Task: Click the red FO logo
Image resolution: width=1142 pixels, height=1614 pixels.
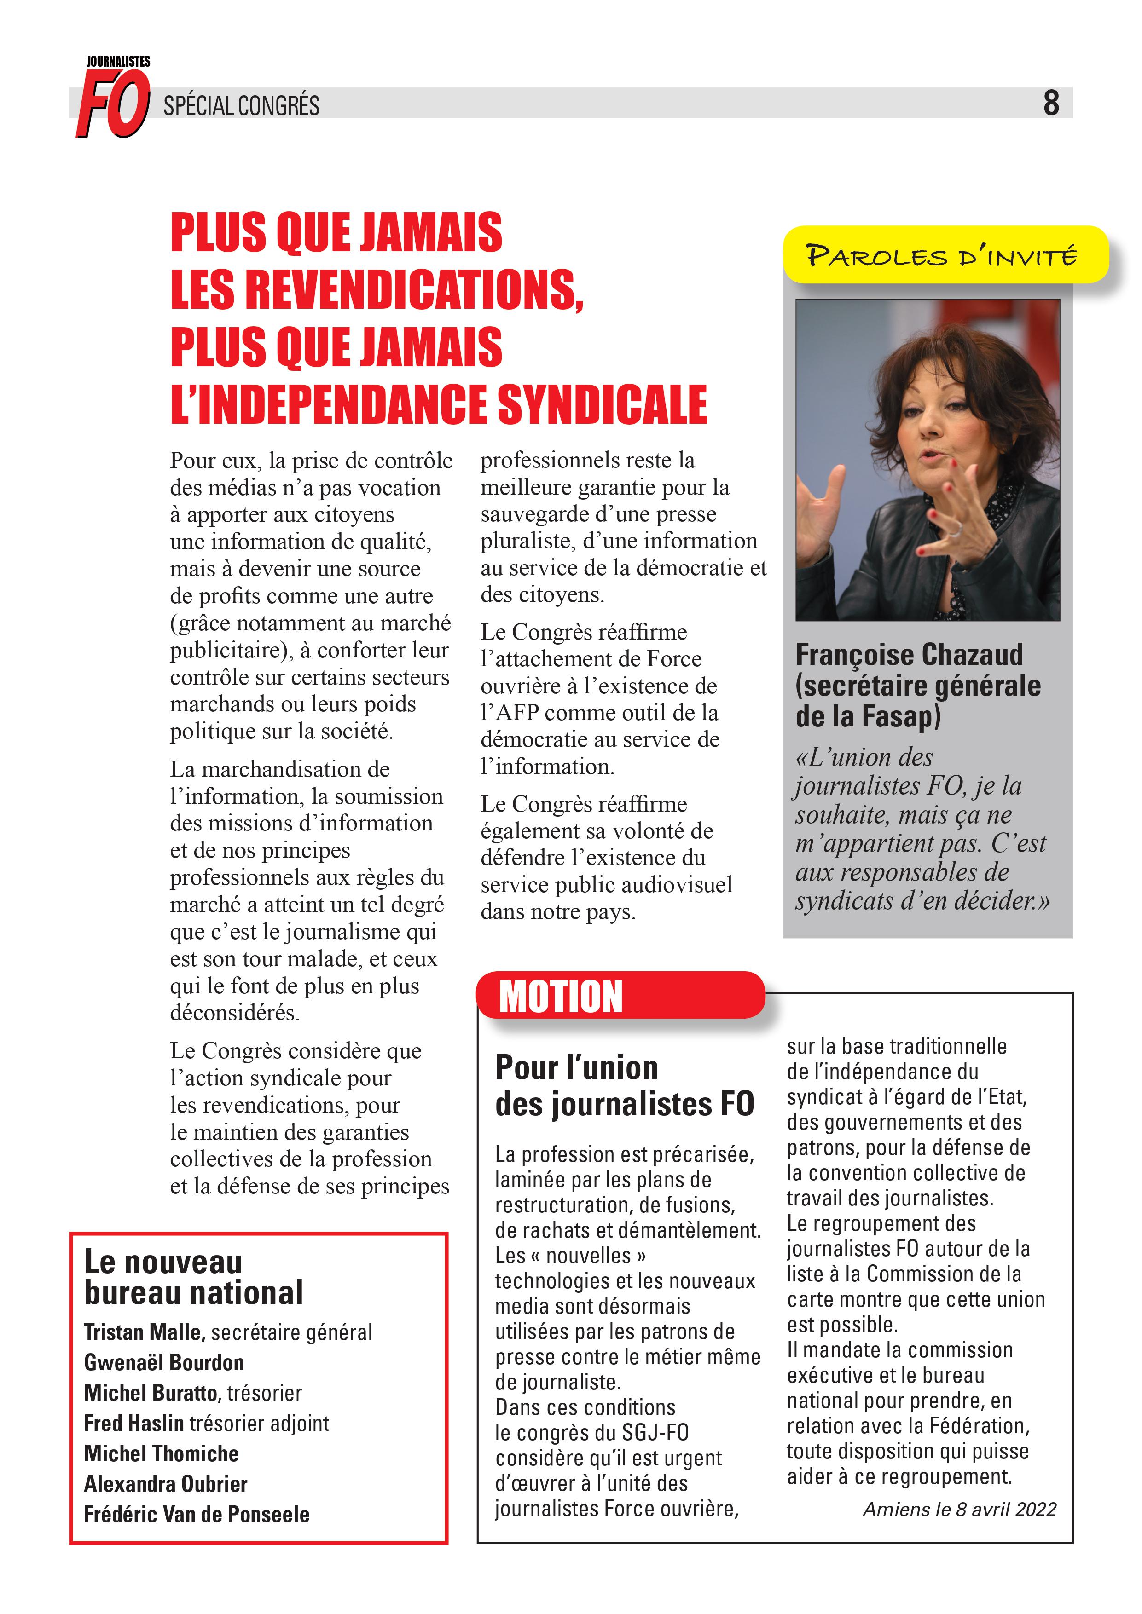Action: click(x=112, y=104)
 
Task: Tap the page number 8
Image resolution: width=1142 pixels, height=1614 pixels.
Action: click(x=1050, y=104)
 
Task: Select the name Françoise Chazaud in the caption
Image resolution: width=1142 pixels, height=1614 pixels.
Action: click(x=909, y=654)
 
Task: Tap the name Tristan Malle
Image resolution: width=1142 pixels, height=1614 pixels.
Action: click(x=144, y=1332)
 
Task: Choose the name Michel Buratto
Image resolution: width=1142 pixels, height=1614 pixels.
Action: click(x=151, y=1393)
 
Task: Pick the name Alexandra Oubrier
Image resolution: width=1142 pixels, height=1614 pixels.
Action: click(x=165, y=1484)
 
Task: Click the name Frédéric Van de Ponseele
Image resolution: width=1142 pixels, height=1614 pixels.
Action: click(x=196, y=1514)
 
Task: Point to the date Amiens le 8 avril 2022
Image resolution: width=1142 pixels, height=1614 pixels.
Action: click(x=959, y=1509)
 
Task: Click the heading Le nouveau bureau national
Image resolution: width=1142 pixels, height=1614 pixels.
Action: click(x=193, y=1277)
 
